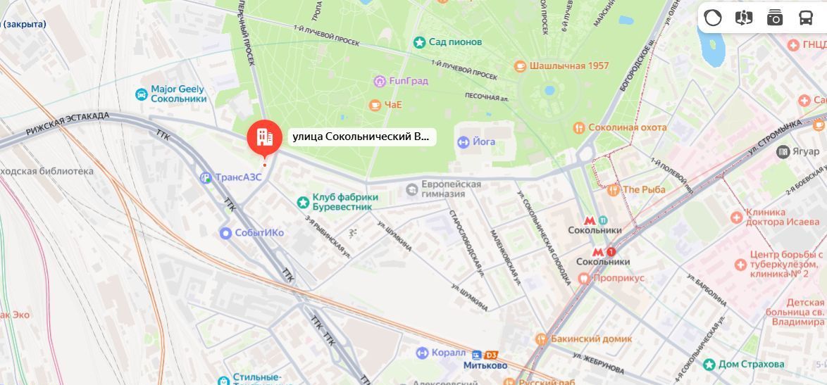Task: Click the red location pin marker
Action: coord(264,137)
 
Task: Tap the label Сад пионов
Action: coord(455,42)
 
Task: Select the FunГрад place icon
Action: coord(380,81)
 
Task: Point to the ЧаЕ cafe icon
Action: coord(375,105)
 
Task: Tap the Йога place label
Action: coord(483,142)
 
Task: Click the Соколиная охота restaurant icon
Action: coord(578,127)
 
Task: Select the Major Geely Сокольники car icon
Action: coord(141,94)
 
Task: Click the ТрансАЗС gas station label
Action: coord(238,177)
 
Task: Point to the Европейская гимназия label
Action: coord(452,189)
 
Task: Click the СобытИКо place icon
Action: coord(225,233)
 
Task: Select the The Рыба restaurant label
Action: coord(644,189)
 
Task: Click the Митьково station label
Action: coord(485,365)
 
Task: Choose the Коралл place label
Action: coord(449,353)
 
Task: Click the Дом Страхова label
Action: coord(751,364)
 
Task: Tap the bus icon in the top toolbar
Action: coord(806,18)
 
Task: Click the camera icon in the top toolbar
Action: coord(775,18)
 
